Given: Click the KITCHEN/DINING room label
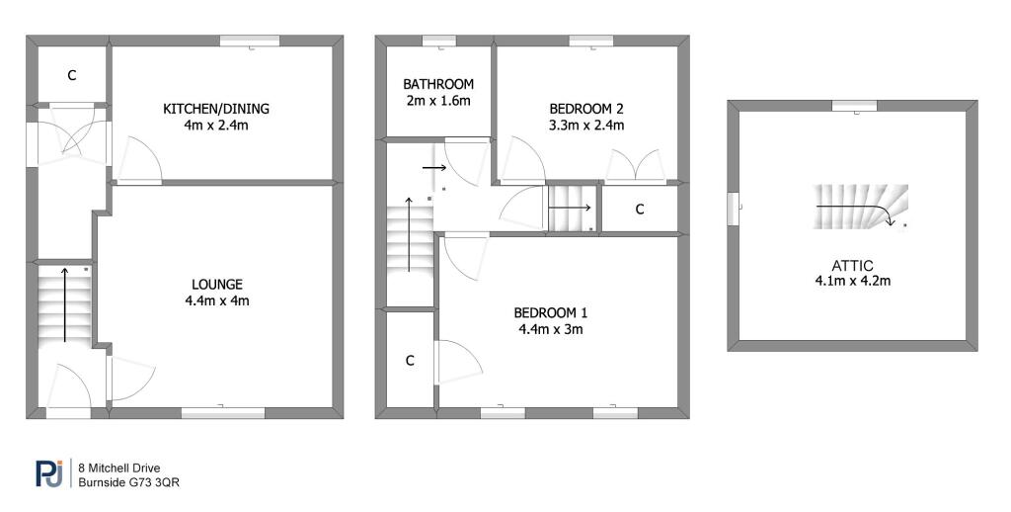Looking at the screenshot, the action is tap(216, 109).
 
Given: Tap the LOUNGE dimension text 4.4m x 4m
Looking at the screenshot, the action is tap(216, 300).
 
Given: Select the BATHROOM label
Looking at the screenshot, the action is tap(438, 84).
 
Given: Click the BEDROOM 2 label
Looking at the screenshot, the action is tap(586, 109).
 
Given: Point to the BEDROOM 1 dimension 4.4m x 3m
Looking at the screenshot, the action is tap(551, 329).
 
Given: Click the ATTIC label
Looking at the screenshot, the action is tap(852, 265).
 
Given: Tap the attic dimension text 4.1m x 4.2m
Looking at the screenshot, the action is tap(852, 281).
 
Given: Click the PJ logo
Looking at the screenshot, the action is tap(49, 473).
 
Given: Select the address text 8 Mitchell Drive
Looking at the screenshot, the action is tap(118, 469).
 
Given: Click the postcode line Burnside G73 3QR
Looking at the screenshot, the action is tap(128, 481).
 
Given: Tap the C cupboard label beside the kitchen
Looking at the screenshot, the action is tap(71, 75).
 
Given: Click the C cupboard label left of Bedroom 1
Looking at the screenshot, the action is tap(410, 361).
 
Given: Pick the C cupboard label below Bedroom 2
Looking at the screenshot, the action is tap(640, 210).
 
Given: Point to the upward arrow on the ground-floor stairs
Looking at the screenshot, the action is tap(64, 304).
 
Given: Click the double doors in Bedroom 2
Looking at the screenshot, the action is tap(635, 165).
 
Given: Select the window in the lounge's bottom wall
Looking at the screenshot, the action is tap(223, 412).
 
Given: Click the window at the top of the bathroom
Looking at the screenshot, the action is tap(439, 41).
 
